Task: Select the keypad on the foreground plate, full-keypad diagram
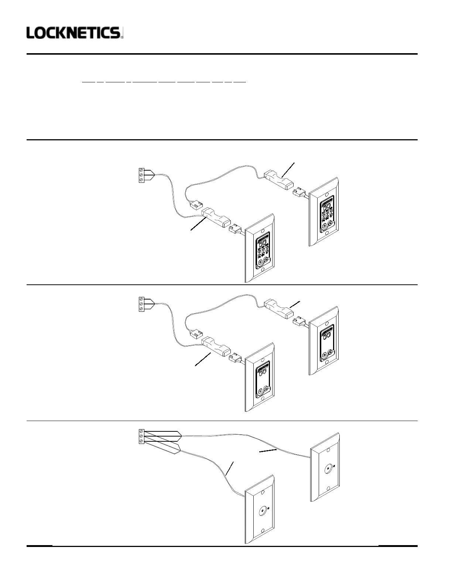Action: pos(264,251)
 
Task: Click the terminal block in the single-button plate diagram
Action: pos(141,437)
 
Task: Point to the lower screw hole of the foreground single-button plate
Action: pos(262,531)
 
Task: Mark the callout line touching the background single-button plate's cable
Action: pos(267,451)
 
